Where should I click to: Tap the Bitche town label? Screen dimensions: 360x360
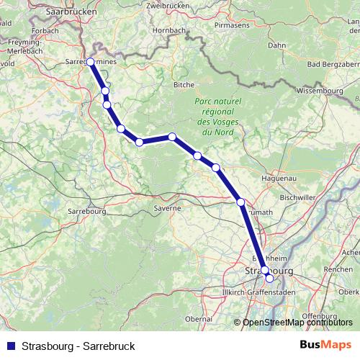point(184,85)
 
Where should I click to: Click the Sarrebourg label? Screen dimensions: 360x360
point(86,212)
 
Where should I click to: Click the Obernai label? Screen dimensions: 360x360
point(198,318)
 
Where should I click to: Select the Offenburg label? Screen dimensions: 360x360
point(319,316)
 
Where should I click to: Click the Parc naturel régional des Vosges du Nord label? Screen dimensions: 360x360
point(217,117)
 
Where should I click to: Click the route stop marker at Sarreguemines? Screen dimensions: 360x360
point(90,62)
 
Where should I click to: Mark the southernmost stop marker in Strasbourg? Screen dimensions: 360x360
point(269,278)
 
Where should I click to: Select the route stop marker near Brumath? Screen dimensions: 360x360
point(240,202)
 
